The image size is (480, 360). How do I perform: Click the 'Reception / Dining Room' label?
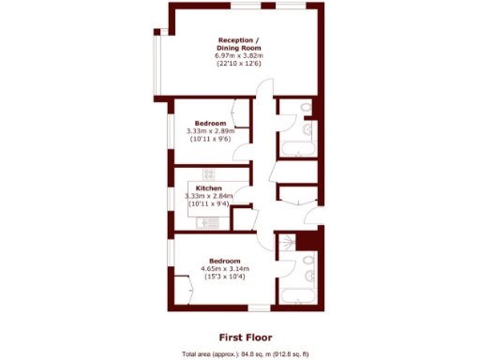click(240, 44)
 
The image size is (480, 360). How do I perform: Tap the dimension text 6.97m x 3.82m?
click(240, 56)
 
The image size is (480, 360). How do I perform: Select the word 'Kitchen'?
click(209, 187)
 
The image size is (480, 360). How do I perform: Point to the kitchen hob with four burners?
click(208, 174)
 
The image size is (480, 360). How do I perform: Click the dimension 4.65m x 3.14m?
click(225, 269)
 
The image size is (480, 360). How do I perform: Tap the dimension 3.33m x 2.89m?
click(210, 132)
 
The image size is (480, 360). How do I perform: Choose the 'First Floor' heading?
click(240, 336)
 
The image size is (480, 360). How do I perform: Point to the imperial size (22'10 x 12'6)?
click(240, 65)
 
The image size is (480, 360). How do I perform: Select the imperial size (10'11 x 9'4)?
click(210, 203)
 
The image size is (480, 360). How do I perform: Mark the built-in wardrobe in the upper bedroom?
click(242, 117)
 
